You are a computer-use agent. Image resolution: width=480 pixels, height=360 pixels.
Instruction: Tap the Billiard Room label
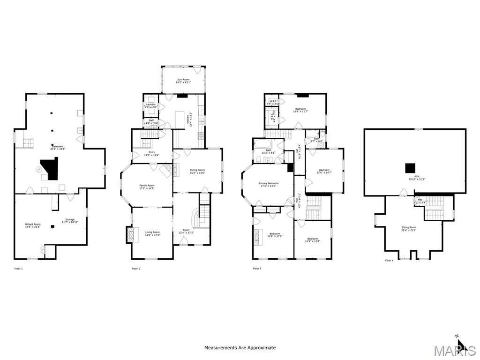tap(33, 225)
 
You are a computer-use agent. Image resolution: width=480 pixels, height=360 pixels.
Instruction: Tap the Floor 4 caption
tap(390, 261)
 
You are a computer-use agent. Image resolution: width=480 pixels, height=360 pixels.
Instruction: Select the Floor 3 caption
tap(257, 269)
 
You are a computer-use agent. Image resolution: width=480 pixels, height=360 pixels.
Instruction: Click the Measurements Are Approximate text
tap(240, 348)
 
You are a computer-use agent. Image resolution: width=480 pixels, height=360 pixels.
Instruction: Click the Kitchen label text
tap(190, 120)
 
